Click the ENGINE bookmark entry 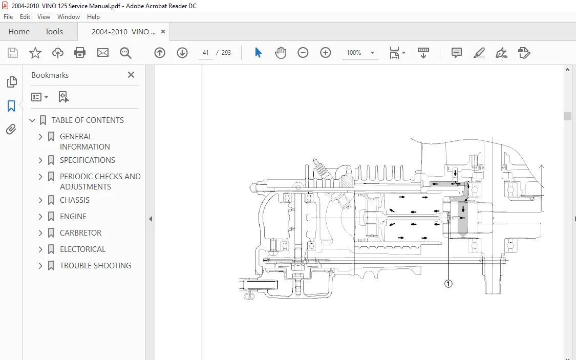point(73,217)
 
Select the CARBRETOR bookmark point(80,233)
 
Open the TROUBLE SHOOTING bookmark point(95,266)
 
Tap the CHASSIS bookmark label point(75,200)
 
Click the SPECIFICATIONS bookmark point(88,160)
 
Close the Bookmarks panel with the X point(131,75)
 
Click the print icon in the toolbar point(80,53)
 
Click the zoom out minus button point(303,53)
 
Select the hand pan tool point(281,53)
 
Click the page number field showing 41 point(206,53)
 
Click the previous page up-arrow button point(160,53)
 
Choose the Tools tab point(54,32)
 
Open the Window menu point(68,17)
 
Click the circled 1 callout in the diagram point(448,284)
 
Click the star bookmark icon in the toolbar point(35,53)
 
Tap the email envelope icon point(103,53)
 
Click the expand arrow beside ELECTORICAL point(40,249)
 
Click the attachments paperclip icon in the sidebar point(11,130)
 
